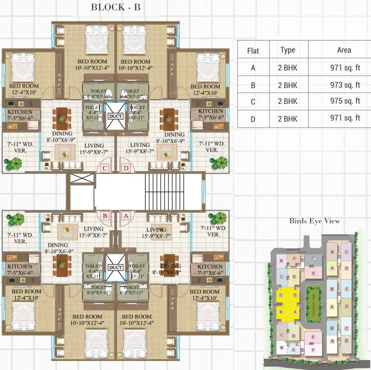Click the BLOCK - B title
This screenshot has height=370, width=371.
tap(115, 7)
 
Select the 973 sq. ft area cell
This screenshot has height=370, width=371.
tap(344, 85)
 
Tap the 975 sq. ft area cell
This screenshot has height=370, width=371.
tap(344, 101)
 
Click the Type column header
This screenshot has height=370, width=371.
tap(288, 50)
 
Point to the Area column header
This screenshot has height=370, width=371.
tap(344, 50)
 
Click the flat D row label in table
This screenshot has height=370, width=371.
tap(253, 119)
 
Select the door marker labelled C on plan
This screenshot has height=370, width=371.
tap(105, 168)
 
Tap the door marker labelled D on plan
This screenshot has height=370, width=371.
tap(126, 168)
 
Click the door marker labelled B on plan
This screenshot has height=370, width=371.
tap(105, 216)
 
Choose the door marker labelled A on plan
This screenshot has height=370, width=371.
tap(126, 216)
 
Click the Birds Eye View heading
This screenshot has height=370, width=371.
tap(315, 221)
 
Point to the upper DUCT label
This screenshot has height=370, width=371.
tap(115, 116)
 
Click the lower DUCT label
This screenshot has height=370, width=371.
tap(115, 267)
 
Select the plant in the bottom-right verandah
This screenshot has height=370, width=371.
tap(219, 218)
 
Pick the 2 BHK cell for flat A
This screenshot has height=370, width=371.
tap(288, 68)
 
